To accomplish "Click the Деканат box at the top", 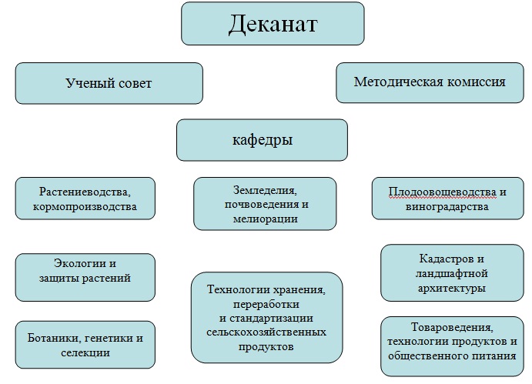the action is coord(273,23).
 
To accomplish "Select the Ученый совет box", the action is coord(109,83).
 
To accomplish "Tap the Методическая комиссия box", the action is coord(430,82).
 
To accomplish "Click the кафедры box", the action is coord(262,140).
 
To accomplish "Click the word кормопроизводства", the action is coord(85,206).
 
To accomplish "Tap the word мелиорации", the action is coord(266,219).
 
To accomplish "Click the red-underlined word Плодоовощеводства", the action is coord(443,192).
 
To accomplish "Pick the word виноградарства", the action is coord(447,206).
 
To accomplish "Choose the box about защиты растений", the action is coord(85,277).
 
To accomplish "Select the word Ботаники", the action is coord(54,338).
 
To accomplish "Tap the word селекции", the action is coord(85,352).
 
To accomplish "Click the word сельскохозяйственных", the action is coord(266,332).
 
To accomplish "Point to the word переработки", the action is coord(266,304).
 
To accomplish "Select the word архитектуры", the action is coord(452,289).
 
